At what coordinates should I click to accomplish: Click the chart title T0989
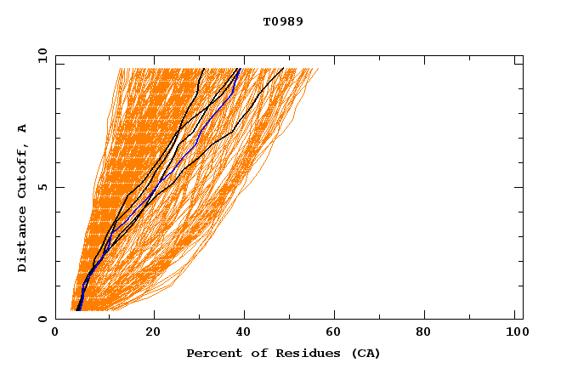[283, 22]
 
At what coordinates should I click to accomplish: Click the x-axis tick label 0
[55, 334]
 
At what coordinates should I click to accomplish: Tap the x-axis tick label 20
[153, 334]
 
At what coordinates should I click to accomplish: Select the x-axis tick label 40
[246, 334]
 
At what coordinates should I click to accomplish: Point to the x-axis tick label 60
[337, 334]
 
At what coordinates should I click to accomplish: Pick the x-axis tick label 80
[429, 334]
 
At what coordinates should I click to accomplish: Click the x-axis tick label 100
[515, 334]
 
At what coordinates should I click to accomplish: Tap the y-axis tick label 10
[42, 56]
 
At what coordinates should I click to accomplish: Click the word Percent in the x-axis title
[211, 354]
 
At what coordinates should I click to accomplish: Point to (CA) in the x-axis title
[366, 354]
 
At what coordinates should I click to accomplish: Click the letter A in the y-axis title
[23, 128]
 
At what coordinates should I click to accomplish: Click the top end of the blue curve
[240, 69]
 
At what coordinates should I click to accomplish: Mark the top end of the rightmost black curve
[284, 68]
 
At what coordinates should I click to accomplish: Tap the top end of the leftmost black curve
[204, 68]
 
